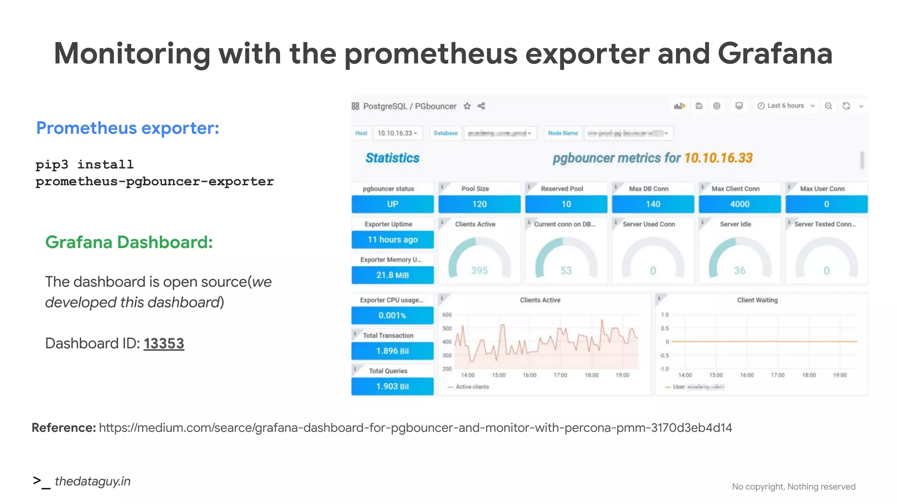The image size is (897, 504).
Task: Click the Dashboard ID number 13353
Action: point(164,343)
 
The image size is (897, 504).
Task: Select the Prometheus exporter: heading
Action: point(127,128)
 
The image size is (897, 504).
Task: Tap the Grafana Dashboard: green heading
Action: point(129,242)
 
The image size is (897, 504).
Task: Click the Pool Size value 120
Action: point(479,204)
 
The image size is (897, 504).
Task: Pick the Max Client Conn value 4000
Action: point(739,204)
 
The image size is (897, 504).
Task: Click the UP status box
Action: point(392,204)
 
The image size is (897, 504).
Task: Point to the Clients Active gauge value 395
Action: point(479,271)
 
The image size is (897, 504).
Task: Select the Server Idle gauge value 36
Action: point(739,271)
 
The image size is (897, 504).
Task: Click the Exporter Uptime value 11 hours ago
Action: point(392,240)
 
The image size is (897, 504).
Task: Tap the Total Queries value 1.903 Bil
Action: point(392,387)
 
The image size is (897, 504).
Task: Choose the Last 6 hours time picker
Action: point(786,106)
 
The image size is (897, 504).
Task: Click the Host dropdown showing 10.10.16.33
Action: point(397,133)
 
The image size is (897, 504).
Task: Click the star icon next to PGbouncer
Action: point(467,106)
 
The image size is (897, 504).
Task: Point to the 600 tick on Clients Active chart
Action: point(447,315)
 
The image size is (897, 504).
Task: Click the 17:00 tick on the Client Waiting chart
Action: point(777,375)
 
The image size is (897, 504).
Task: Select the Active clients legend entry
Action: point(472,387)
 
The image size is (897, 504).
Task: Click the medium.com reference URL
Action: point(415,428)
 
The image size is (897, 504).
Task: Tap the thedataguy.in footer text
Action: point(92,481)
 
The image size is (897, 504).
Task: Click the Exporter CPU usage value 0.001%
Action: point(392,315)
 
